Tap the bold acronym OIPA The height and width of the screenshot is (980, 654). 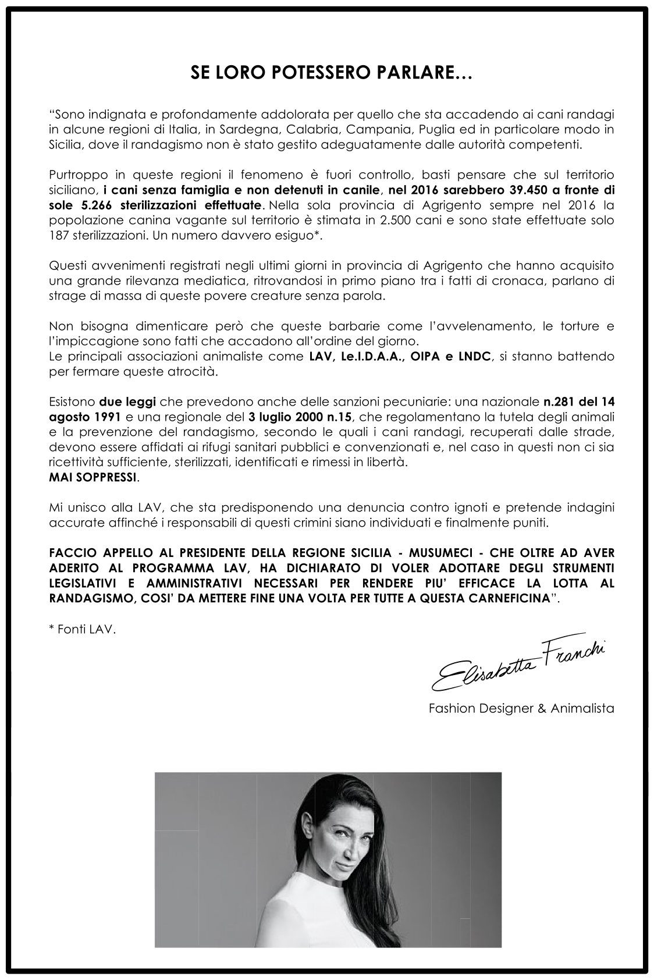coord(411,357)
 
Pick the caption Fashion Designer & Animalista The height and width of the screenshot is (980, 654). coord(521,709)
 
